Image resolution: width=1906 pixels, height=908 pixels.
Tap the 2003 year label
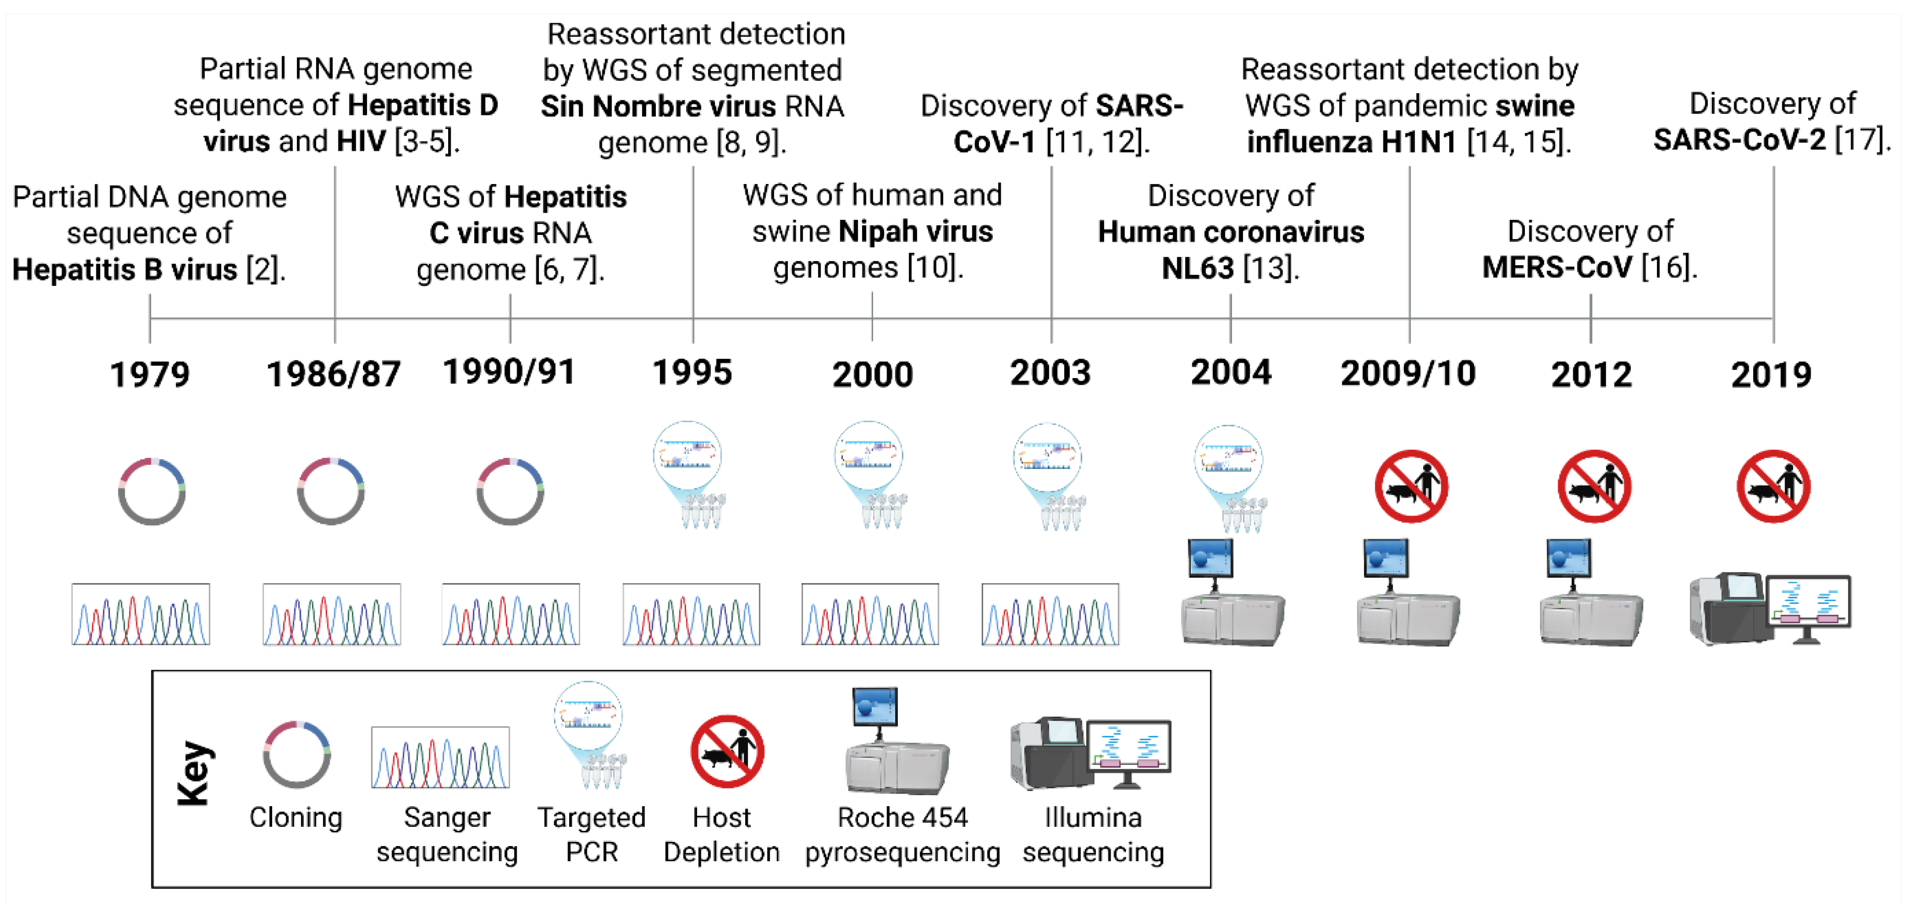1050,373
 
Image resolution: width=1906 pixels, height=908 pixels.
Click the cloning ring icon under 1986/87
331,492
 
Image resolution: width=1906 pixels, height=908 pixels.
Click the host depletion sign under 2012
1594,486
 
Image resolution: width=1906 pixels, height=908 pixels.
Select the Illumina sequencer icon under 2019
1770,609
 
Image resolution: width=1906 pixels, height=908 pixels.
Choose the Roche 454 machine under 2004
1231,592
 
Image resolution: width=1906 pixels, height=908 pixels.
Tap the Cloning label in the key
295,818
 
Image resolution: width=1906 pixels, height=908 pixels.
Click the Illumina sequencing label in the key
1093,835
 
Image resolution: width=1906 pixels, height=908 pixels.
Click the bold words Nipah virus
915,231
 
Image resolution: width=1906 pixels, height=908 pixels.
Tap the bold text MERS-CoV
1556,267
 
